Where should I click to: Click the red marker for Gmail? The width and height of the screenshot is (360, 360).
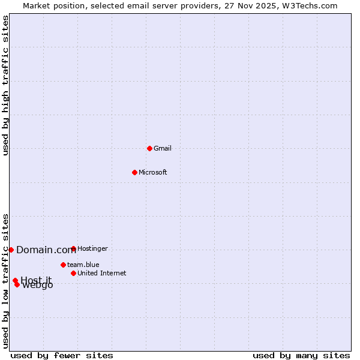pyautogui.click(x=149, y=148)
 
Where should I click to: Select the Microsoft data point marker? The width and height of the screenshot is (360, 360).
pyautogui.click(x=134, y=172)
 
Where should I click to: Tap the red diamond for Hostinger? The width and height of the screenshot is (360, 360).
pyautogui.click(x=73, y=248)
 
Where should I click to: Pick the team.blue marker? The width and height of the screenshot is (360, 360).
pyautogui.click(x=63, y=265)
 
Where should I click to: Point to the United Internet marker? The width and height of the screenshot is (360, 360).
pyautogui.click(x=73, y=273)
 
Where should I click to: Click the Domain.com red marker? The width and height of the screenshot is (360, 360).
pyautogui.click(x=11, y=250)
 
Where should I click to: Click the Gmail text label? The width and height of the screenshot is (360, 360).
pyautogui.click(x=162, y=148)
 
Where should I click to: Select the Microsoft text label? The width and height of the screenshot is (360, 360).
pyautogui.click(x=152, y=172)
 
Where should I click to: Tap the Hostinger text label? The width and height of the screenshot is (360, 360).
pyautogui.click(x=92, y=248)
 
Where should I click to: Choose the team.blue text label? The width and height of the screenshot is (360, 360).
pyautogui.click(x=83, y=265)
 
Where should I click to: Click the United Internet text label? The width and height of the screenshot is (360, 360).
pyautogui.click(x=101, y=273)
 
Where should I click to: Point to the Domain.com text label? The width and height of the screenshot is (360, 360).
pyautogui.click(x=46, y=250)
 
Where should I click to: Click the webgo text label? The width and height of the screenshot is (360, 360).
pyautogui.click(x=37, y=285)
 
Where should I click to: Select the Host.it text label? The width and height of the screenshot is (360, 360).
pyautogui.click(x=36, y=280)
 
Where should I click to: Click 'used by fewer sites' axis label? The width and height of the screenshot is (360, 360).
pyautogui.click(x=62, y=355)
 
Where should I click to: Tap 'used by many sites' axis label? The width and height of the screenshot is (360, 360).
pyautogui.click(x=301, y=355)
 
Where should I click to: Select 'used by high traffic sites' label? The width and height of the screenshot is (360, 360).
pyautogui.click(x=5, y=85)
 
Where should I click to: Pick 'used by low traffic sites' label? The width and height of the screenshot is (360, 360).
pyautogui.click(x=5, y=280)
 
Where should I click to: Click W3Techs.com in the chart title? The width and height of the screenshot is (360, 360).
pyautogui.click(x=311, y=5)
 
